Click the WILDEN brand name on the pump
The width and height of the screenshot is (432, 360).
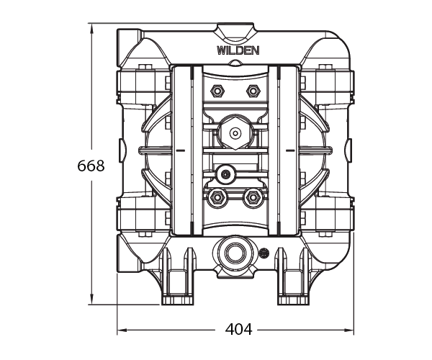[238, 50]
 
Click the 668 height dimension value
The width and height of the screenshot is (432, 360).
[91, 166]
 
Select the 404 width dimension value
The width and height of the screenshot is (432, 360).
[238, 329]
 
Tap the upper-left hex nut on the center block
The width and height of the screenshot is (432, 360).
[217, 91]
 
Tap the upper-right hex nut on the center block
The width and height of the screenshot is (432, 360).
[253, 91]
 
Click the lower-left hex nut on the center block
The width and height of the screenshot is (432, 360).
[217, 197]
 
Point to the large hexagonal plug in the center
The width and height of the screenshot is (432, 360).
[235, 132]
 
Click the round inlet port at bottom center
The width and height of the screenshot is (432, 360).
[235, 253]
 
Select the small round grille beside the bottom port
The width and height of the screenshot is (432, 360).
[264, 253]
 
